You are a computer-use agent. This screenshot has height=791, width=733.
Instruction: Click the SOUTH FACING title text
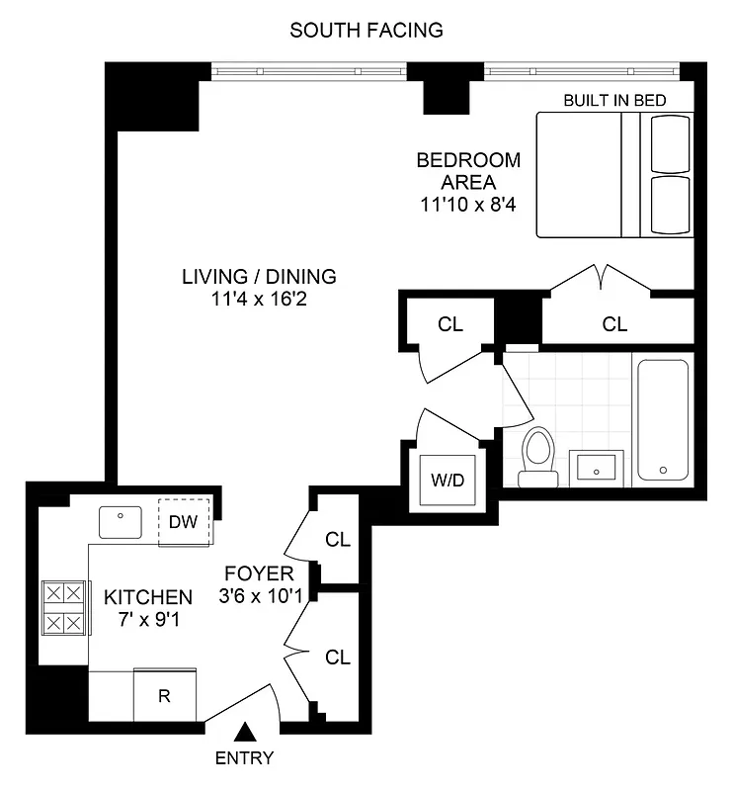[x=366, y=31]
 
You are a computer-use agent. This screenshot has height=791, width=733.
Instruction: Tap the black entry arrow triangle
[x=246, y=733]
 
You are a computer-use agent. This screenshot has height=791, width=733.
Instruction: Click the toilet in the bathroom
[x=538, y=457]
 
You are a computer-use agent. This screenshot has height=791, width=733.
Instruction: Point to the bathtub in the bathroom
[x=663, y=420]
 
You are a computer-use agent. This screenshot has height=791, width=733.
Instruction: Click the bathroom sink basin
[x=598, y=466]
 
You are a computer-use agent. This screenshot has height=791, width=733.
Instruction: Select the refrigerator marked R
[x=165, y=696]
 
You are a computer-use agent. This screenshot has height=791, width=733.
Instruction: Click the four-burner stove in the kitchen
[x=64, y=608]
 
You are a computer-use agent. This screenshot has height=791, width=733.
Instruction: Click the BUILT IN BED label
[x=614, y=100]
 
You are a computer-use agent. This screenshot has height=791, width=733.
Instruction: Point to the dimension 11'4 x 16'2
[x=259, y=299]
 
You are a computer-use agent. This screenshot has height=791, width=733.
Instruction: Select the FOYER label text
[x=259, y=574]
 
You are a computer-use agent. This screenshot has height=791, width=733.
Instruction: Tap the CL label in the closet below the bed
[x=614, y=323]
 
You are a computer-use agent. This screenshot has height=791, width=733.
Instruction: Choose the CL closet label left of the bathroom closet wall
[x=450, y=323]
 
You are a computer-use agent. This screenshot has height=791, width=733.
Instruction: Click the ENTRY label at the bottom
[x=246, y=759]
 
